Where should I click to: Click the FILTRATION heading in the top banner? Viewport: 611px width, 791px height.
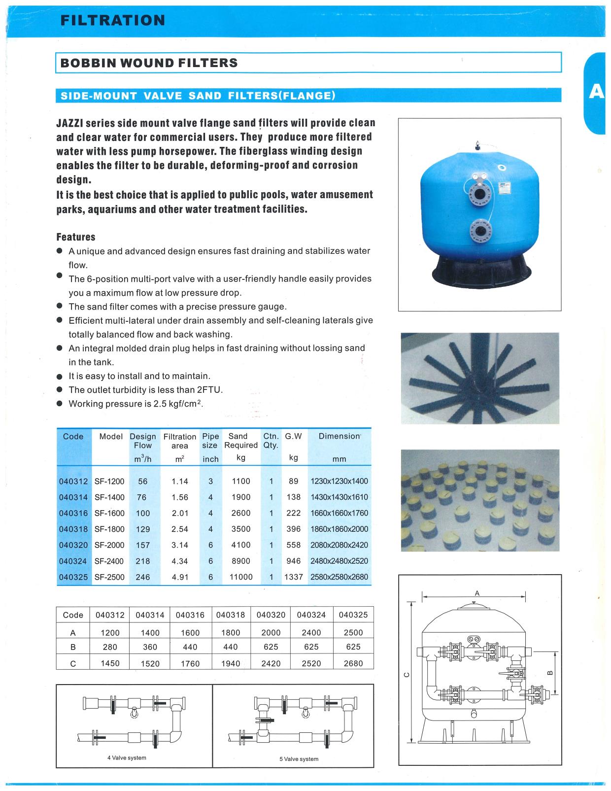pos(112,20)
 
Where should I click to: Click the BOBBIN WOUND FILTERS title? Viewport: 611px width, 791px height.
pos(149,63)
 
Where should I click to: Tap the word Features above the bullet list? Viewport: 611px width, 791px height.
pos(75,237)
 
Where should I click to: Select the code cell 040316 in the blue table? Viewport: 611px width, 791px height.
pos(73,513)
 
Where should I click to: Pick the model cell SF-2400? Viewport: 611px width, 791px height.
pos(109,561)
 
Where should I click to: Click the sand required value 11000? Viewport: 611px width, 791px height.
pos(240,577)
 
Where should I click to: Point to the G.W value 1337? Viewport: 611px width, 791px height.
pos(293,577)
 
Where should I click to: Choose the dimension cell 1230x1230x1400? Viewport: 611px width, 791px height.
pos(339,481)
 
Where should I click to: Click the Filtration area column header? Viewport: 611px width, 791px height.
pos(179,441)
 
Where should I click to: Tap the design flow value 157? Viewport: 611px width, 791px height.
pos(143,545)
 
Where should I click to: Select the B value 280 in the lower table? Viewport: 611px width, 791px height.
pos(110,647)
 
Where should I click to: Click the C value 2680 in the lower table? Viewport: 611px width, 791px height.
pos(353,663)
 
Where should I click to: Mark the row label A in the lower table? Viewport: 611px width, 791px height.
pos(73,633)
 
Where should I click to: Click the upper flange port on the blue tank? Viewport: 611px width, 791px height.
pos(477,194)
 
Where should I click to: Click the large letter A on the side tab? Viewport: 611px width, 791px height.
pos(596,92)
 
